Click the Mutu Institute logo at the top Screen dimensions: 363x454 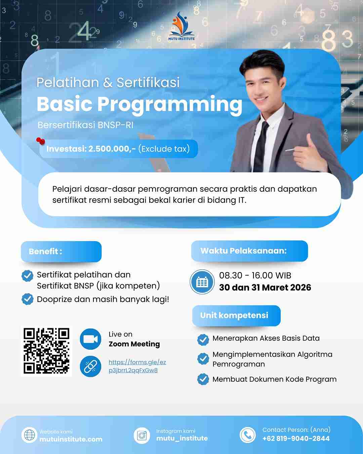(x=182, y=26)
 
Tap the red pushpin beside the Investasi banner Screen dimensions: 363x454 (x=40, y=141)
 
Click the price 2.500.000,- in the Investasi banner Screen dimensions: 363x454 (x=112, y=149)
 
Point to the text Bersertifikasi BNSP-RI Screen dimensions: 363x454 (x=85, y=125)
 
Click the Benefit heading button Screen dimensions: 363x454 (x=61, y=252)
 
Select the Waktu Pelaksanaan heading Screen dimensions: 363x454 (x=249, y=251)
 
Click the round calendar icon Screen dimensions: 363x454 (x=202, y=282)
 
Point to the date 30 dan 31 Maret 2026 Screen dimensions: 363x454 (x=265, y=288)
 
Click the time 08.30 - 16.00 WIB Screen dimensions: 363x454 (x=255, y=275)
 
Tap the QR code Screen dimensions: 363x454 (x=46, y=351)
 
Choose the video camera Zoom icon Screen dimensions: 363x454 (x=91, y=339)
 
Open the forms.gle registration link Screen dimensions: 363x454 (x=137, y=366)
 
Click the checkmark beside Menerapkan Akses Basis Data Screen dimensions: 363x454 (x=203, y=340)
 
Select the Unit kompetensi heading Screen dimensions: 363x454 (x=236, y=315)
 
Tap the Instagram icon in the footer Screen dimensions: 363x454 (x=142, y=436)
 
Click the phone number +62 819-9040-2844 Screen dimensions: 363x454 (x=296, y=439)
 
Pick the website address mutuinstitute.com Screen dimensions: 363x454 (x=71, y=439)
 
